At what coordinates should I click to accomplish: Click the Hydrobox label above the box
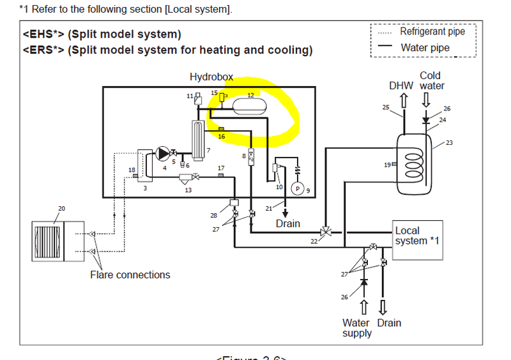(x=211, y=77)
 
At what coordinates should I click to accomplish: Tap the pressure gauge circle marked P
(x=297, y=188)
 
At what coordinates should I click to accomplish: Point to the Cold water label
(x=431, y=80)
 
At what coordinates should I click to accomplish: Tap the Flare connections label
(x=130, y=275)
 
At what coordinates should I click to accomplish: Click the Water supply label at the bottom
(x=356, y=328)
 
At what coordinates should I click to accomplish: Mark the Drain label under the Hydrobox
(x=288, y=224)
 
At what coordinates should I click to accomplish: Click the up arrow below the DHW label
(x=403, y=100)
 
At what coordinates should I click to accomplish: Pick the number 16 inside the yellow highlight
(x=222, y=136)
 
